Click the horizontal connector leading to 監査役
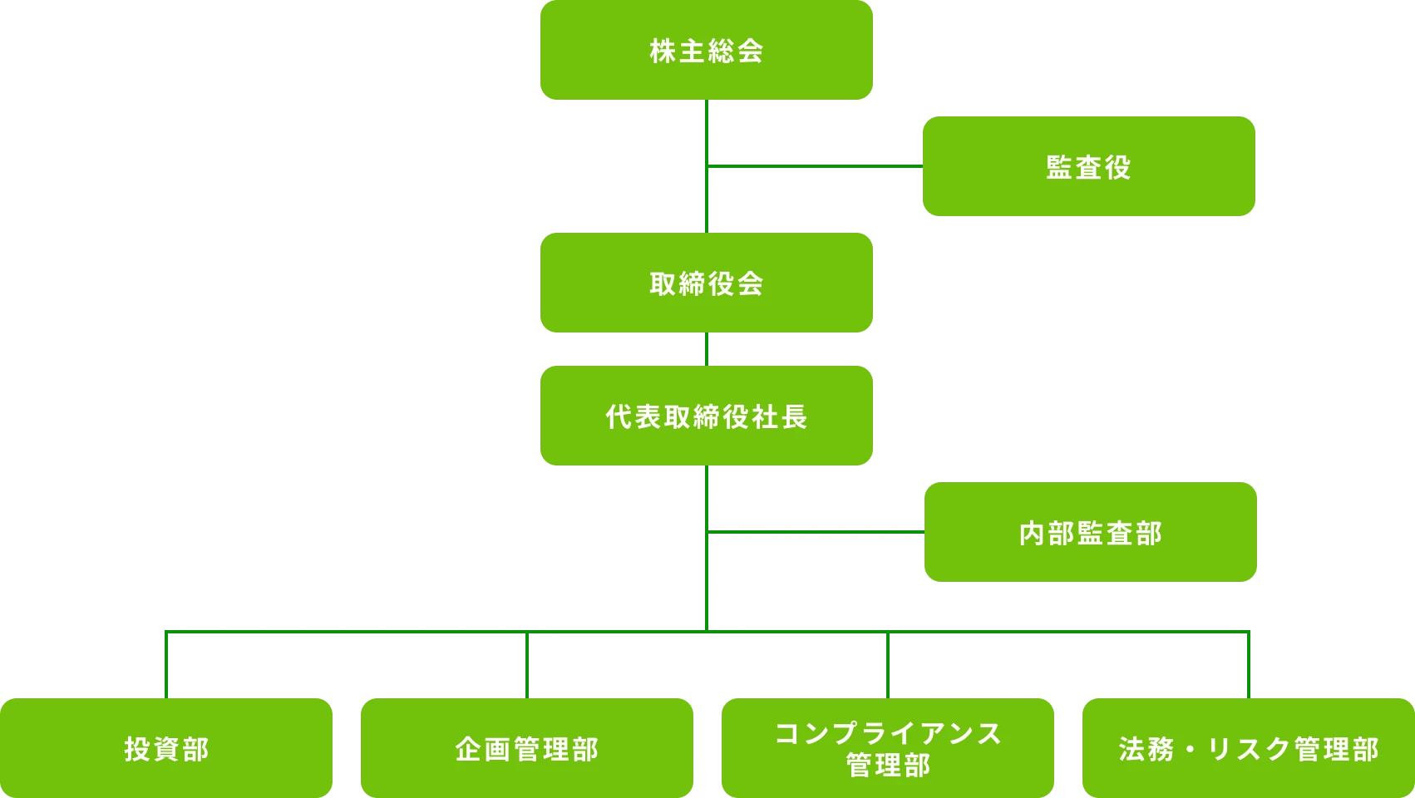coord(815,167)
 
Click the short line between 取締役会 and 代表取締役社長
coord(707,349)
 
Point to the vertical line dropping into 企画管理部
coord(527,665)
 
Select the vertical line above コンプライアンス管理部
coord(888,665)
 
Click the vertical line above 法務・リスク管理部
coord(1247,665)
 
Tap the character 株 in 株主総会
coord(663,52)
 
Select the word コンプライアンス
coord(888,733)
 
